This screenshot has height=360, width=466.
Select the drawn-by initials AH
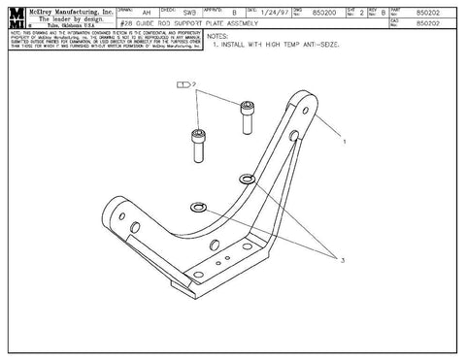point(147,12)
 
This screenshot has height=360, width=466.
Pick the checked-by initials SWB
point(190,12)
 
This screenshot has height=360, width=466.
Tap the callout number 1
point(344,141)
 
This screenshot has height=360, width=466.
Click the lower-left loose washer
point(199,208)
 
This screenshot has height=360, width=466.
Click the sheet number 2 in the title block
point(361,12)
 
